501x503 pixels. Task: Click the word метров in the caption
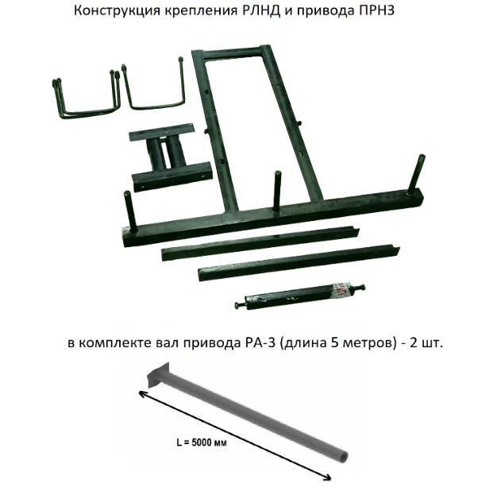pyautogui.click(x=362, y=343)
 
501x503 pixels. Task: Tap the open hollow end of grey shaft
pyautogui.click(x=342, y=456)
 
